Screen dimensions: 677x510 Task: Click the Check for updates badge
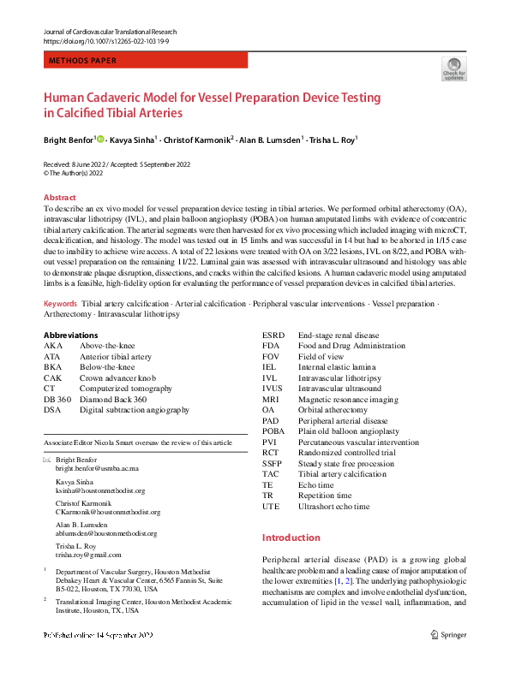tap(453, 68)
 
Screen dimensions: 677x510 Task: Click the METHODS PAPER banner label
tap(87, 61)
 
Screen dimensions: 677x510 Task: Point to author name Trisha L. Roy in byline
tap(333, 140)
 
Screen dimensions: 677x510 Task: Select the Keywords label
tap(60, 304)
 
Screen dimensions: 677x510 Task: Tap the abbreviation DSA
tap(52, 410)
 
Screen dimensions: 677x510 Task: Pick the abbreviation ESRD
tap(274, 336)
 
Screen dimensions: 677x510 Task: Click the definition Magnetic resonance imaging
tap(348, 399)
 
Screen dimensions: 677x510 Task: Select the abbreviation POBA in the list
tap(275, 431)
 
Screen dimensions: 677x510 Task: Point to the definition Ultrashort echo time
tap(334, 507)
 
